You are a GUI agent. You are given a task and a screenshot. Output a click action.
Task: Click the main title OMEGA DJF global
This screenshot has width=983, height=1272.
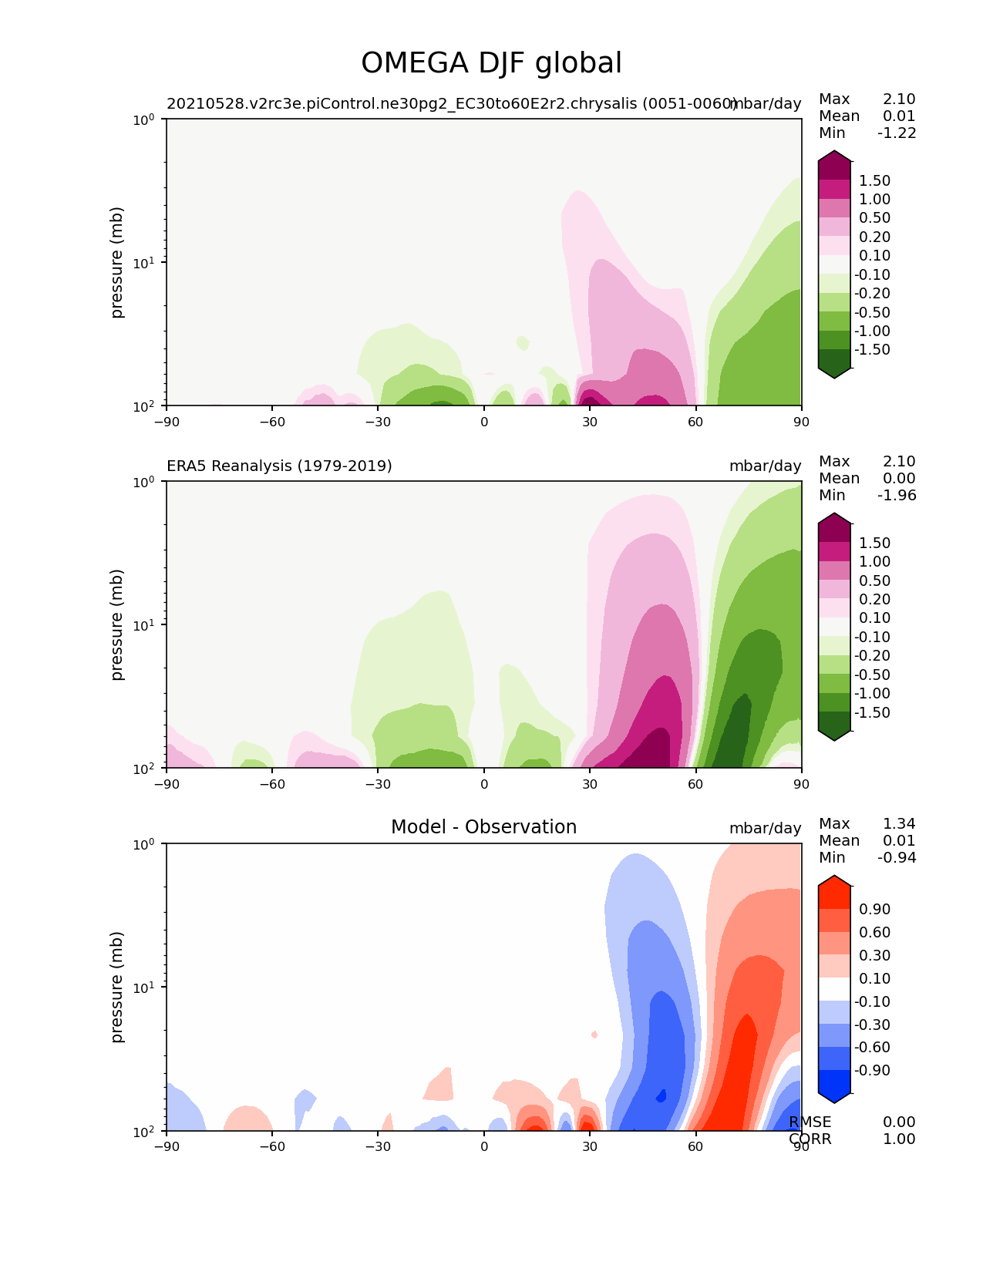(x=491, y=63)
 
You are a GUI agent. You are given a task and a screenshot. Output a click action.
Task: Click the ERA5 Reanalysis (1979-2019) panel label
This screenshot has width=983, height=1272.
(x=279, y=466)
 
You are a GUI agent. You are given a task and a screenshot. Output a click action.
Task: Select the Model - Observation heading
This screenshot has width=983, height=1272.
(x=483, y=827)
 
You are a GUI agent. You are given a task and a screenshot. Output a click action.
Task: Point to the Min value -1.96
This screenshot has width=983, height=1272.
(x=897, y=495)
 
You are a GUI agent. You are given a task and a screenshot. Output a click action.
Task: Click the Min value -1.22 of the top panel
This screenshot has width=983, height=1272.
(x=897, y=133)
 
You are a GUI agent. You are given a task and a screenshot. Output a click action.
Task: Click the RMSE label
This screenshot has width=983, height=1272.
(x=810, y=1122)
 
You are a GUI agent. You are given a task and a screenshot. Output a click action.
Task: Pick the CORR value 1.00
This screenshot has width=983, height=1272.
(x=899, y=1139)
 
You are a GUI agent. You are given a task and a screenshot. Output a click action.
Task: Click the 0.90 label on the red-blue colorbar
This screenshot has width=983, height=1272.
(x=874, y=909)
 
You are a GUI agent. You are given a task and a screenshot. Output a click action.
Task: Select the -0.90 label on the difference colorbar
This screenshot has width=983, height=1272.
(x=872, y=1070)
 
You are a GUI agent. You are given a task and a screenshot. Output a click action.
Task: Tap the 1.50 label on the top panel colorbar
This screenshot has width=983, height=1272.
(x=874, y=180)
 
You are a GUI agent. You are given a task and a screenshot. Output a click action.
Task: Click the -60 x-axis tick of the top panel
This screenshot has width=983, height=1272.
(x=272, y=422)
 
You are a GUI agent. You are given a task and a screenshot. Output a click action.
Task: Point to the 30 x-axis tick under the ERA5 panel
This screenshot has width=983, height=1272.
(x=590, y=784)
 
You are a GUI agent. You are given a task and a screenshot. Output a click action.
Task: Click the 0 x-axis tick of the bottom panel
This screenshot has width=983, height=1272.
(x=484, y=1146)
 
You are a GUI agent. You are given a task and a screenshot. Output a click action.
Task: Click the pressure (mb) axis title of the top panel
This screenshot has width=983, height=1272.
(x=117, y=262)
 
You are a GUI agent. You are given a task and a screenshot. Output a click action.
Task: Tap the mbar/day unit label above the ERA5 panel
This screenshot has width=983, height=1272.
(x=765, y=466)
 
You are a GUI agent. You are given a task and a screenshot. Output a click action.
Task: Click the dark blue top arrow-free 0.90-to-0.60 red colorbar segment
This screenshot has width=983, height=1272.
(x=834, y=920)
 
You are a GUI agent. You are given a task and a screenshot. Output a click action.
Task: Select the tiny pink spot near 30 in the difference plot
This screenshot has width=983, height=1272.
(x=594, y=1034)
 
